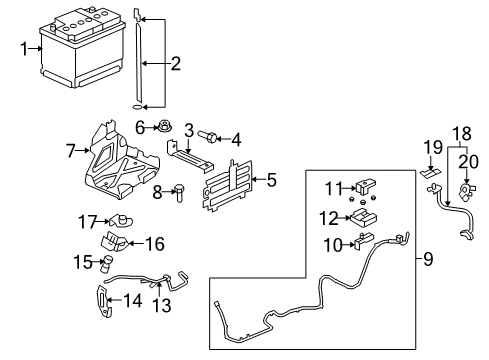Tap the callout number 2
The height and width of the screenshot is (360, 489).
point(175,65)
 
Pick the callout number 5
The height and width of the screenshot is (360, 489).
point(272,180)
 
